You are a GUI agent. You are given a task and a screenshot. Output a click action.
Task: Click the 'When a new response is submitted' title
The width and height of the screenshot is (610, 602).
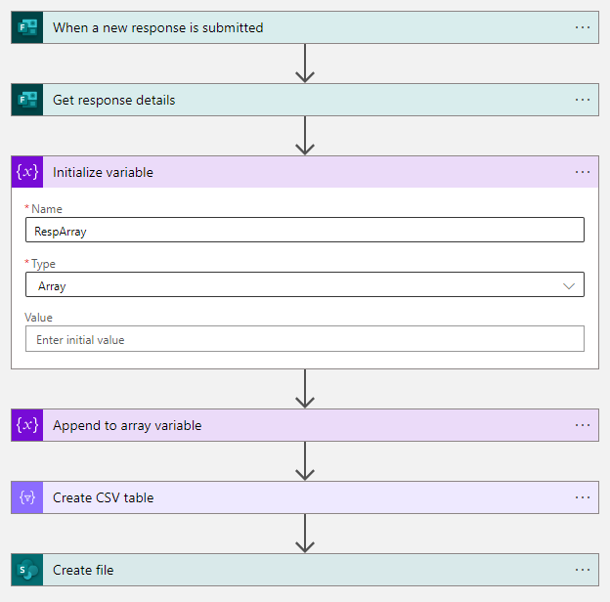click(157, 27)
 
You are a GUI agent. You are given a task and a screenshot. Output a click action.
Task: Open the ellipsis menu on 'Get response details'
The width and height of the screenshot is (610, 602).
click(583, 100)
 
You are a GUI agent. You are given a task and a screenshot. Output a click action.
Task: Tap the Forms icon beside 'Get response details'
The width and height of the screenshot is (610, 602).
click(27, 100)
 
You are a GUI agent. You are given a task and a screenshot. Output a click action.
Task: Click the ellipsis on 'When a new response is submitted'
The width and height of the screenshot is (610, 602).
click(583, 27)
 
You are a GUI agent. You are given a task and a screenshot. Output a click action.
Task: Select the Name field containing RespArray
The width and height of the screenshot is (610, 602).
click(304, 230)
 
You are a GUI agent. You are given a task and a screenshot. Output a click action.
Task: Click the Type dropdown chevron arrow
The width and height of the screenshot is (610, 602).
click(569, 285)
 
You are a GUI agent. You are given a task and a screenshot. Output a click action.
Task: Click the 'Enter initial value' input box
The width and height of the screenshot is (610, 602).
click(304, 339)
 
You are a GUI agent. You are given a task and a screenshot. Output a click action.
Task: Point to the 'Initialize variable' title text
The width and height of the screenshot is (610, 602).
click(103, 172)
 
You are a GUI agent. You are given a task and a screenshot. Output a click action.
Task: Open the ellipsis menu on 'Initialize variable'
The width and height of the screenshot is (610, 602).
click(583, 172)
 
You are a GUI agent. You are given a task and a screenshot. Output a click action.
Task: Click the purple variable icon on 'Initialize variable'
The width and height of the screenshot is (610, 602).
click(27, 172)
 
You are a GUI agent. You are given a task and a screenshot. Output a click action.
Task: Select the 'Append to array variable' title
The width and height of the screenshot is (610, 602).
click(127, 425)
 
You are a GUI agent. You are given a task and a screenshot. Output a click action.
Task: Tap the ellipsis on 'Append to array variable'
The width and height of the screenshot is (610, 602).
click(583, 425)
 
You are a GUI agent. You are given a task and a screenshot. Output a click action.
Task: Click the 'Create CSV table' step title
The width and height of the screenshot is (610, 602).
click(103, 497)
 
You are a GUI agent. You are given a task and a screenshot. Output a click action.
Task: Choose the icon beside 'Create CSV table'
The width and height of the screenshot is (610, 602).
click(27, 497)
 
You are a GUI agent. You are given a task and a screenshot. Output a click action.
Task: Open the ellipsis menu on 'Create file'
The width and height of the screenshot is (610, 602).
click(583, 570)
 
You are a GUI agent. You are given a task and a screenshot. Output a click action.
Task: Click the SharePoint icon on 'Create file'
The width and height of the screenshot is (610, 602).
click(27, 570)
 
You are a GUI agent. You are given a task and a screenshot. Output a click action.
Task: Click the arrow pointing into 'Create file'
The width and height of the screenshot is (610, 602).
click(305, 534)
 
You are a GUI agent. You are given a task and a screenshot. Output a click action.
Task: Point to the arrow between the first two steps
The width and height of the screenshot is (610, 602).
click(305, 64)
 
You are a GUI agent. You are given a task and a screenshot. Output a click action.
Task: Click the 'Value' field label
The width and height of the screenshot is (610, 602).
click(39, 318)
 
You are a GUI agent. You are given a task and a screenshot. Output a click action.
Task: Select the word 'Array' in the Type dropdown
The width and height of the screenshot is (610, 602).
click(52, 285)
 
